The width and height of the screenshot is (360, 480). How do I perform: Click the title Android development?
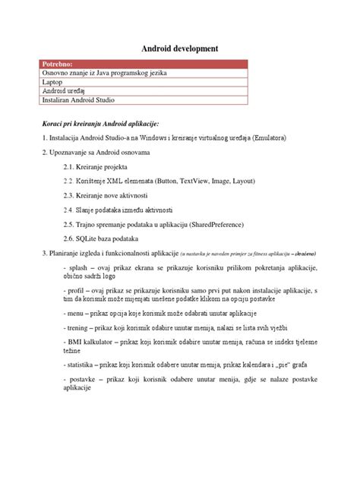click(x=180, y=48)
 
